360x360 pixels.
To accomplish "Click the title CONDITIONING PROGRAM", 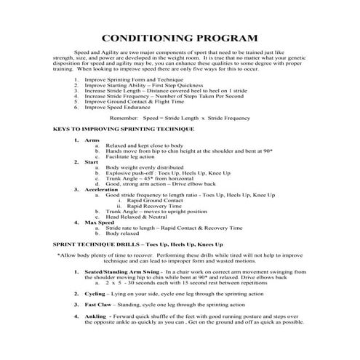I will point(180,38).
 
